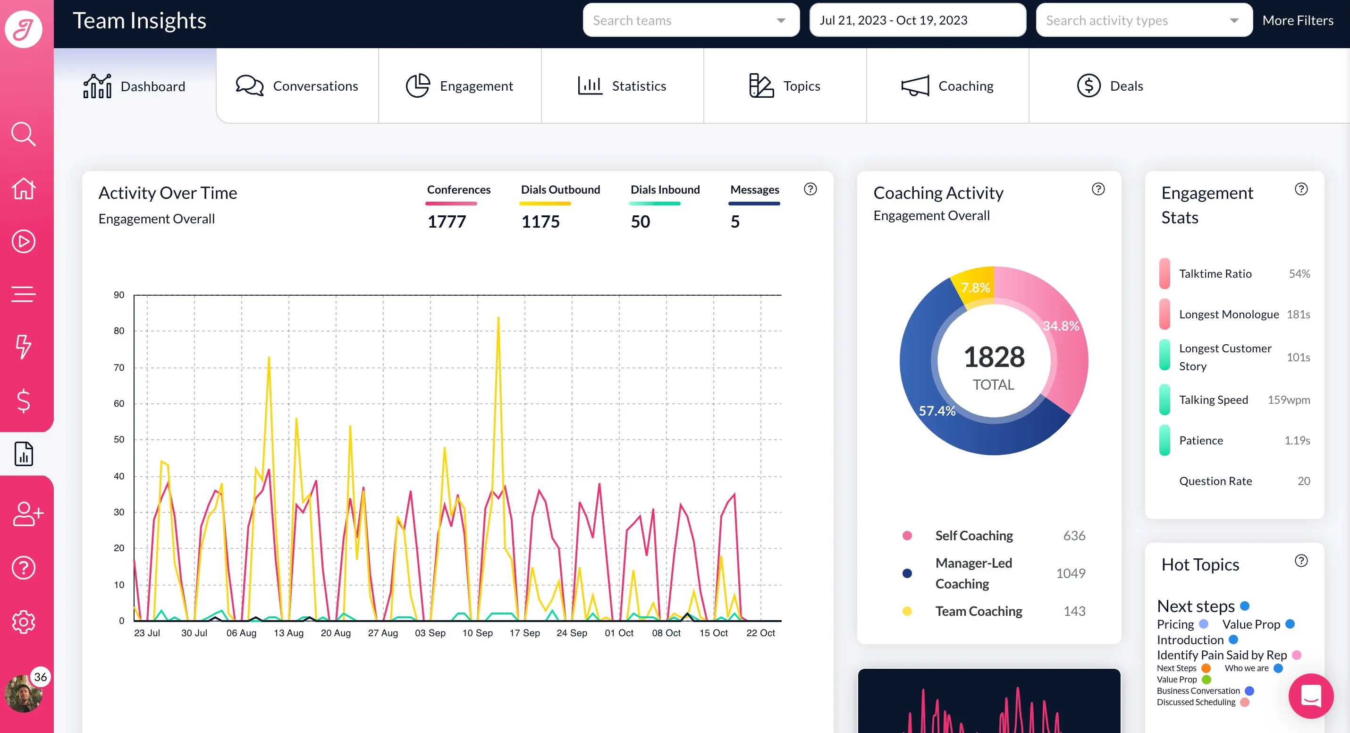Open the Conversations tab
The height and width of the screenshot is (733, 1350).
pos(297,86)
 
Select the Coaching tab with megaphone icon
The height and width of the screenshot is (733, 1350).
pos(947,86)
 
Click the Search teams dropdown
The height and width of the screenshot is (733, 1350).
pos(691,20)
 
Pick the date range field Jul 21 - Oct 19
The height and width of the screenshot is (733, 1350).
pos(918,20)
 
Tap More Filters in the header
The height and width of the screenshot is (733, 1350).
pos(1298,20)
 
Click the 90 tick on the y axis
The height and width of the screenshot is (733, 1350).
pos(119,295)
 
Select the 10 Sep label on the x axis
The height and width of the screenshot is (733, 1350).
pos(477,633)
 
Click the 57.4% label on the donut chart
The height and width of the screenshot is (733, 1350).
pos(937,410)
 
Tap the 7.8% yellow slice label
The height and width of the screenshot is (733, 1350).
pos(975,287)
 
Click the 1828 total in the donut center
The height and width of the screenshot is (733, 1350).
pos(994,357)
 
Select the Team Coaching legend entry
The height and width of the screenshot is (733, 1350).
pos(979,611)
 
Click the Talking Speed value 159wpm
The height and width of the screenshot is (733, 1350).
pos(1289,400)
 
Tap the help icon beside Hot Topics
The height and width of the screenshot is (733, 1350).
pos(1301,561)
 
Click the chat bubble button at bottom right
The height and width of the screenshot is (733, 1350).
pos(1311,696)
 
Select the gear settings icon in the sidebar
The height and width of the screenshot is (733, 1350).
pos(24,622)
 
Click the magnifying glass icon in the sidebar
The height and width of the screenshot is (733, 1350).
pos(24,134)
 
